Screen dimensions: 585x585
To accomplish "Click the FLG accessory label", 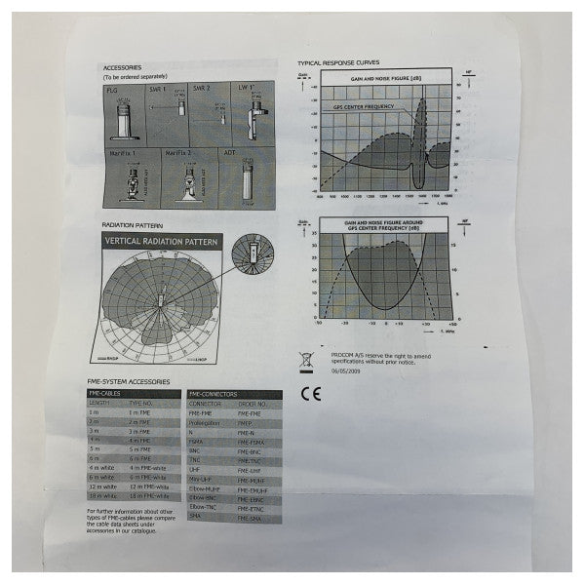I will (x=112, y=89).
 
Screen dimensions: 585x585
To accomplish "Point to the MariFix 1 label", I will (x=123, y=153).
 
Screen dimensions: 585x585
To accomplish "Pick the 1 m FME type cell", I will (x=139, y=413).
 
